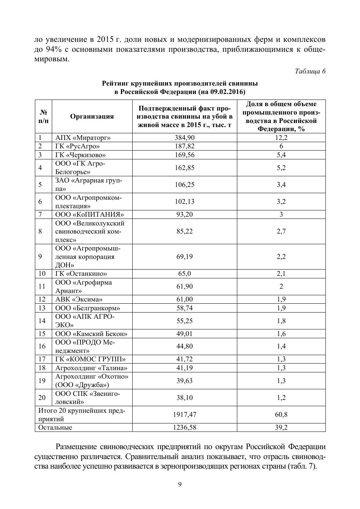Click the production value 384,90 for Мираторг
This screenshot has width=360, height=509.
(184, 138)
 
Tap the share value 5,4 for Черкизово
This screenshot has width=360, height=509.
(281, 155)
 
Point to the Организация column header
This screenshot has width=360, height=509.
(92, 116)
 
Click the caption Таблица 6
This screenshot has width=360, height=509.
(310, 71)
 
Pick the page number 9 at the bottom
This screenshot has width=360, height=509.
(180, 484)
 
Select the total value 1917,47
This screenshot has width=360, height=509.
(184, 415)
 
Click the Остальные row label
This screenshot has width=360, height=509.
(55, 427)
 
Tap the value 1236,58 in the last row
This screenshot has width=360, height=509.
(184, 427)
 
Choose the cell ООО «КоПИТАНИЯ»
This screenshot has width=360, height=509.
(89, 214)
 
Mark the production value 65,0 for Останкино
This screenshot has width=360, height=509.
(184, 274)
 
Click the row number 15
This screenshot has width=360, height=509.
(42, 334)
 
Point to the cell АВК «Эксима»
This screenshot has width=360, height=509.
(79, 299)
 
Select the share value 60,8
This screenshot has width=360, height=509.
(281, 415)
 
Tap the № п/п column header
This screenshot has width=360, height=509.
(43, 116)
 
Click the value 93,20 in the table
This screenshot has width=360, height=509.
(184, 214)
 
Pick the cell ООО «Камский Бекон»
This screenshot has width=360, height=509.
(91, 334)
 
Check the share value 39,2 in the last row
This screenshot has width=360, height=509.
(281, 427)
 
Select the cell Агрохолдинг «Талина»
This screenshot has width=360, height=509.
(91, 368)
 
